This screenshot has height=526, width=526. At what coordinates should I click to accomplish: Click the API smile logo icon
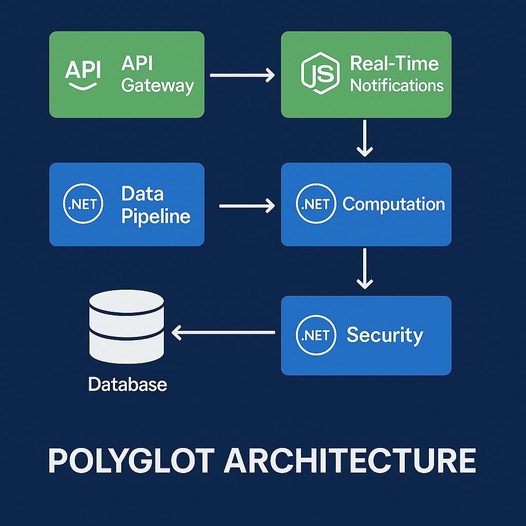(83, 74)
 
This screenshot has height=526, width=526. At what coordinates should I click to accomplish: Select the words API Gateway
(157, 74)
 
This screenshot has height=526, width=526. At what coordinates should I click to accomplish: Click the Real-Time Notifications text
(397, 74)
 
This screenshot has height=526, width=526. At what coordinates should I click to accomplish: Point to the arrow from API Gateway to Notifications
(242, 76)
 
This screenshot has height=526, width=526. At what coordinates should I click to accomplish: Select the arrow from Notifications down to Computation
(365, 138)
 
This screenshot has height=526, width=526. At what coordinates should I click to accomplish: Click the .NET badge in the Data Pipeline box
(82, 204)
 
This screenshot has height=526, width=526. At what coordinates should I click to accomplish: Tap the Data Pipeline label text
(156, 204)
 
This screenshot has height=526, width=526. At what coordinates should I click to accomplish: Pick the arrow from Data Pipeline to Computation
(247, 206)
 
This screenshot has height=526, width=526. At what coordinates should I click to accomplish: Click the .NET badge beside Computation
(316, 204)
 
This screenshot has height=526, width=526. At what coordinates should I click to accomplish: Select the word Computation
(393, 204)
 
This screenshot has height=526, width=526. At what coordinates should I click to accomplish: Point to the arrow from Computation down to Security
(365, 268)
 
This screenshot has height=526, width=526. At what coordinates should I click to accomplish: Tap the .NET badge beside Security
(316, 335)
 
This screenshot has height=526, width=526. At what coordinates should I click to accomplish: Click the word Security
(385, 335)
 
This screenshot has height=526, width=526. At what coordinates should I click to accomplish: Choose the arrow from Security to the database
(223, 333)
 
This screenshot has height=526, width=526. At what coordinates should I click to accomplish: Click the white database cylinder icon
(126, 327)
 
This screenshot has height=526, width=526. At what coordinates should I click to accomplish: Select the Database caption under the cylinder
(127, 384)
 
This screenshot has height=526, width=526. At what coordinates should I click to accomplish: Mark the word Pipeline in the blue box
(156, 215)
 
